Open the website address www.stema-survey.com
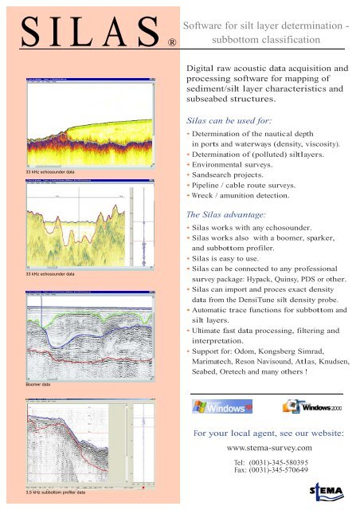tap(270, 448)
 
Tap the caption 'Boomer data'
tap(41, 385)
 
